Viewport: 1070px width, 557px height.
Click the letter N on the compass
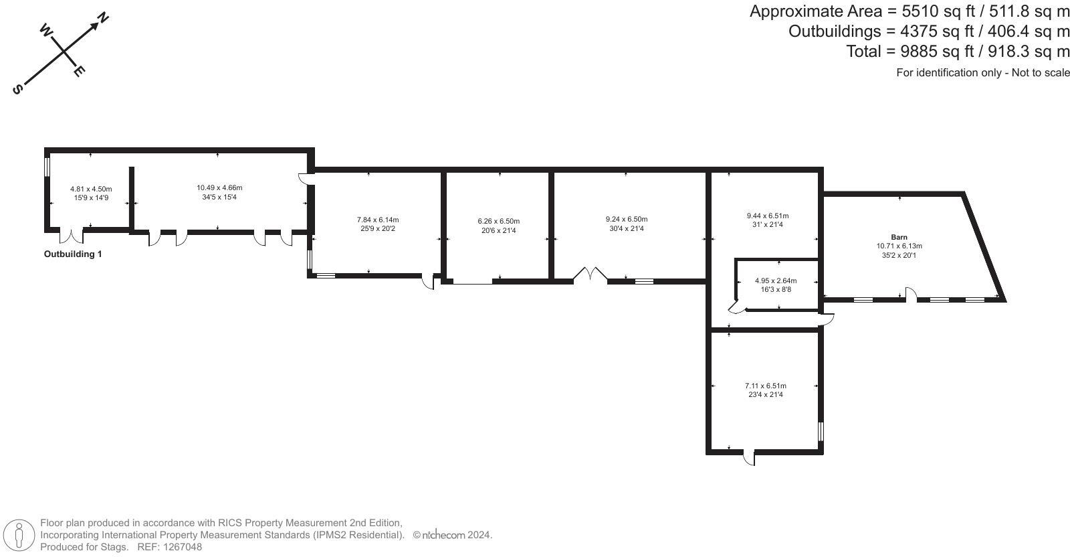(x=103, y=18)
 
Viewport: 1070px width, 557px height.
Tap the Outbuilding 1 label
(x=73, y=254)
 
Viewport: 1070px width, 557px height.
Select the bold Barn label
(x=899, y=237)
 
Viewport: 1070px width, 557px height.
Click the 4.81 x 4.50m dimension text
(x=91, y=189)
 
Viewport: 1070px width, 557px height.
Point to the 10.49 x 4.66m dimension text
(x=219, y=188)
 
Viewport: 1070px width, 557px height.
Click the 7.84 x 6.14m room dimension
(x=378, y=220)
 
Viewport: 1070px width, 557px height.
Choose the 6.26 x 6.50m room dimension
(x=498, y=221)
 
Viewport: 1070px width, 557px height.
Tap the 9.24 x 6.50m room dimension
(x=627, y=220)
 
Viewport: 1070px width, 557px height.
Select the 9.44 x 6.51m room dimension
(x=767, y=216)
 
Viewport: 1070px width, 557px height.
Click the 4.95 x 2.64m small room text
(x=776, y=281)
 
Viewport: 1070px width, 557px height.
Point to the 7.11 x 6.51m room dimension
(x=766, y=386)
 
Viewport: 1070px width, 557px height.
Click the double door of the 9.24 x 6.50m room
(x=590, y=275)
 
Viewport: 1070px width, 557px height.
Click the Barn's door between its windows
(x=910, y=295)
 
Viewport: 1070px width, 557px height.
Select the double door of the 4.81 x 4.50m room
(x=71, y=236)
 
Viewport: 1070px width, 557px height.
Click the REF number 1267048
(x=169, y=547)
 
